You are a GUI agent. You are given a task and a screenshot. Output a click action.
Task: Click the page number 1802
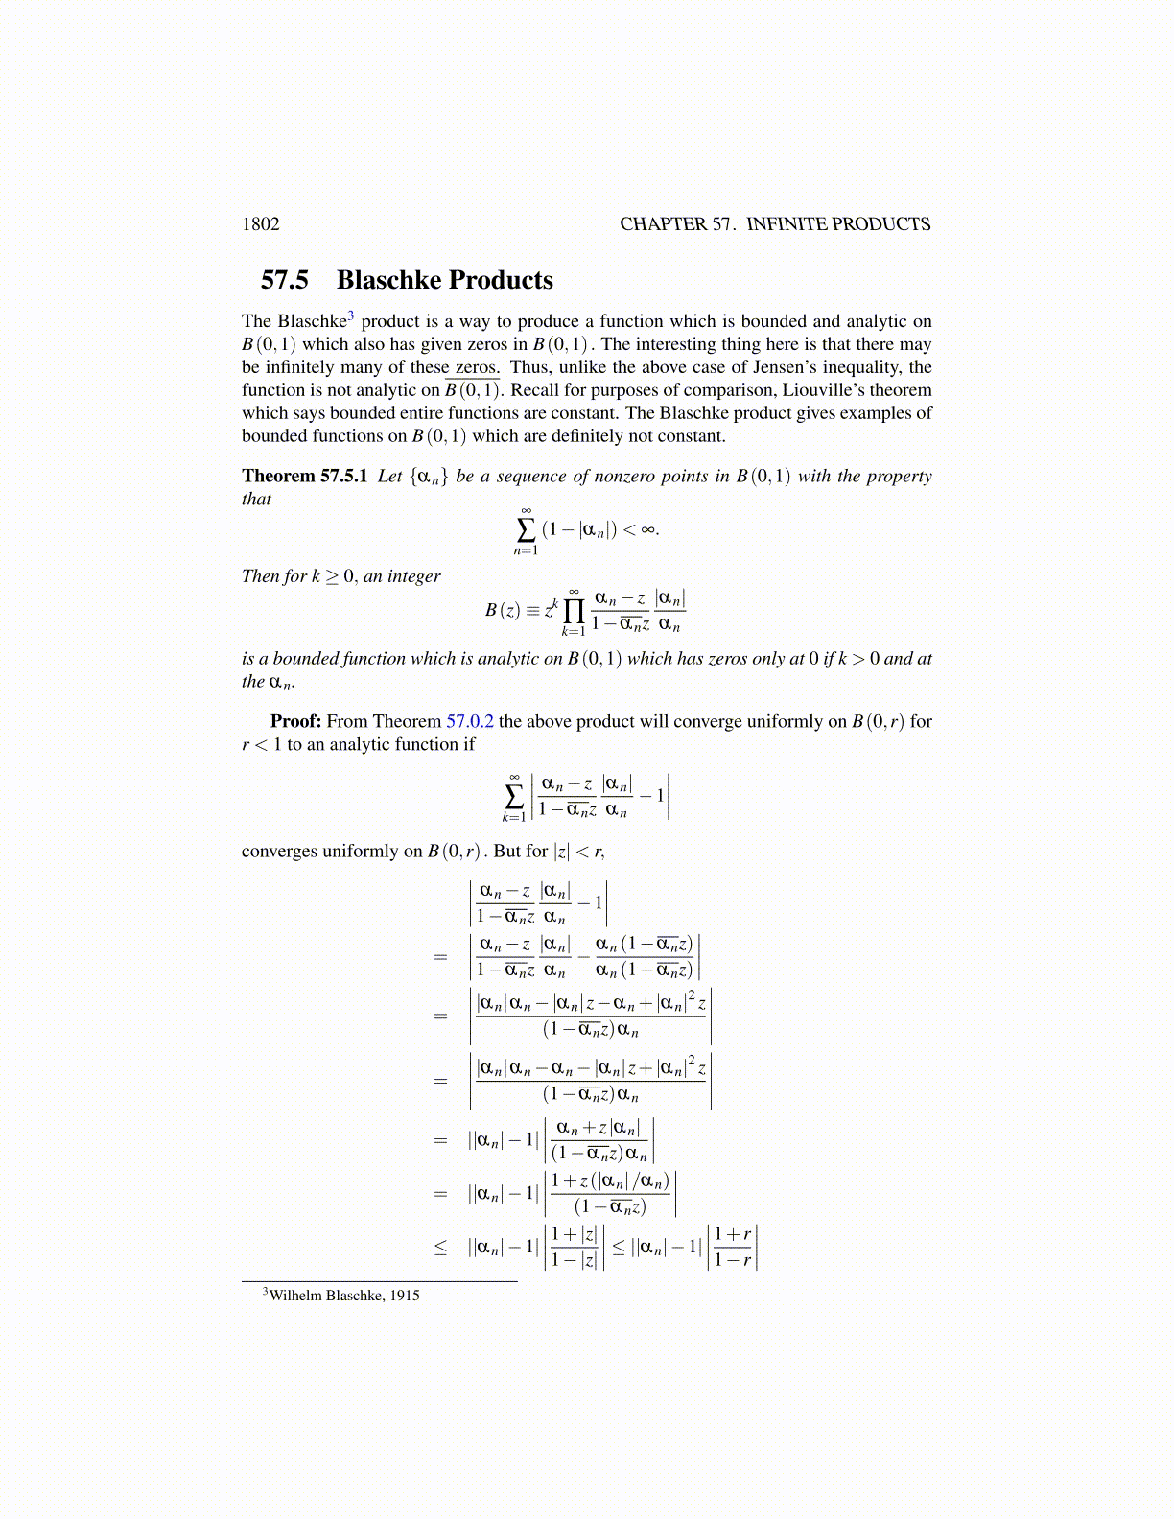click(261, 224)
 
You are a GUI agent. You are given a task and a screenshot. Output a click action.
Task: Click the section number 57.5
click(285, 280)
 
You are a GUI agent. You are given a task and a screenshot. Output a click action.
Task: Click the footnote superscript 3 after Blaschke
click(351, 315)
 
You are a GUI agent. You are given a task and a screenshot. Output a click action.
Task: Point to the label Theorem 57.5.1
click(305, 477)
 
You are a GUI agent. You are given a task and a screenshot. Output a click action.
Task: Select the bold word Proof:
click(295, 721)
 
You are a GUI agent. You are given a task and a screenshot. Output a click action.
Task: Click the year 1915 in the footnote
click(405, 1296)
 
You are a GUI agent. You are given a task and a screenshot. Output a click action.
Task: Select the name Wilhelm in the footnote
click(295, 1296)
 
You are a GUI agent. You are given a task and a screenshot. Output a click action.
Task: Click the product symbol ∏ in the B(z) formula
click(574, 610)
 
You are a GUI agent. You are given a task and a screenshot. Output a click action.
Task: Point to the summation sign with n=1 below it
click(526, 529)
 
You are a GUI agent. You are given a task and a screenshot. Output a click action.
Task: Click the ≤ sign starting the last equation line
click(440, 1248)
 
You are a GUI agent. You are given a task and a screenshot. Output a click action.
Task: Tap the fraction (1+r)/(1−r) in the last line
click(733, 1247)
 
